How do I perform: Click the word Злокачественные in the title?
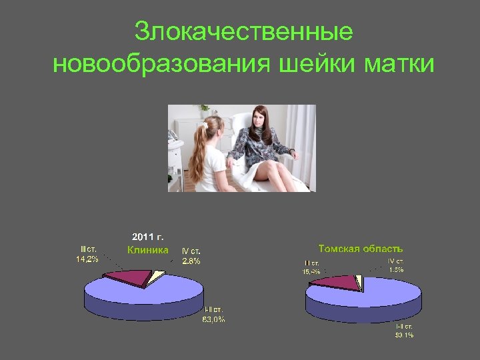[243, 31]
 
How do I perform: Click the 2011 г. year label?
[148, 237]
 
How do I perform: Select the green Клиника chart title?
[148, 251]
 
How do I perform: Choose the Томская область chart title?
[361, 249]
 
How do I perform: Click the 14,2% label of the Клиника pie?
[87, 259]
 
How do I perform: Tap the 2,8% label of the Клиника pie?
[191, 261]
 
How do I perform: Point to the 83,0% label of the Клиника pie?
[213, 319]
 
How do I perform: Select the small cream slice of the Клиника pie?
[157, 276]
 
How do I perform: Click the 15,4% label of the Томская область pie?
[311, 271]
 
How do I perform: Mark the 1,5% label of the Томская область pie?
[397, 269]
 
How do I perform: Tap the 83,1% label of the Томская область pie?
[404, 335]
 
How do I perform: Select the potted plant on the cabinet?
[205, 108]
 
